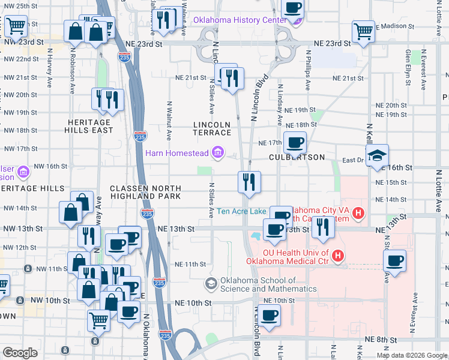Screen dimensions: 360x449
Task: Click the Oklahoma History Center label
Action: (239, 20)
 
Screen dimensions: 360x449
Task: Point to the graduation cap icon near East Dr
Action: (377, 155)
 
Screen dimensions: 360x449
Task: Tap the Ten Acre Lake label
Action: (241, 211)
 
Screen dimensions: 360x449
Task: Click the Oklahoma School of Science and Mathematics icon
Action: (211, 283)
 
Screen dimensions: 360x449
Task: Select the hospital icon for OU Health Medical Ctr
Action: (338, 256)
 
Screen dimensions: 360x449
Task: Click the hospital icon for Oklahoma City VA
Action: (358, 212)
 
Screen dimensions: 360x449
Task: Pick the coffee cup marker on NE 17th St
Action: (295, 143)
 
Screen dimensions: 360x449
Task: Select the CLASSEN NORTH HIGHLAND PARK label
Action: (145, 193)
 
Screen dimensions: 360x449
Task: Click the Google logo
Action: (20, 353)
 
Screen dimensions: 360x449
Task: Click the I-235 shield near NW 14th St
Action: (146, 213)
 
